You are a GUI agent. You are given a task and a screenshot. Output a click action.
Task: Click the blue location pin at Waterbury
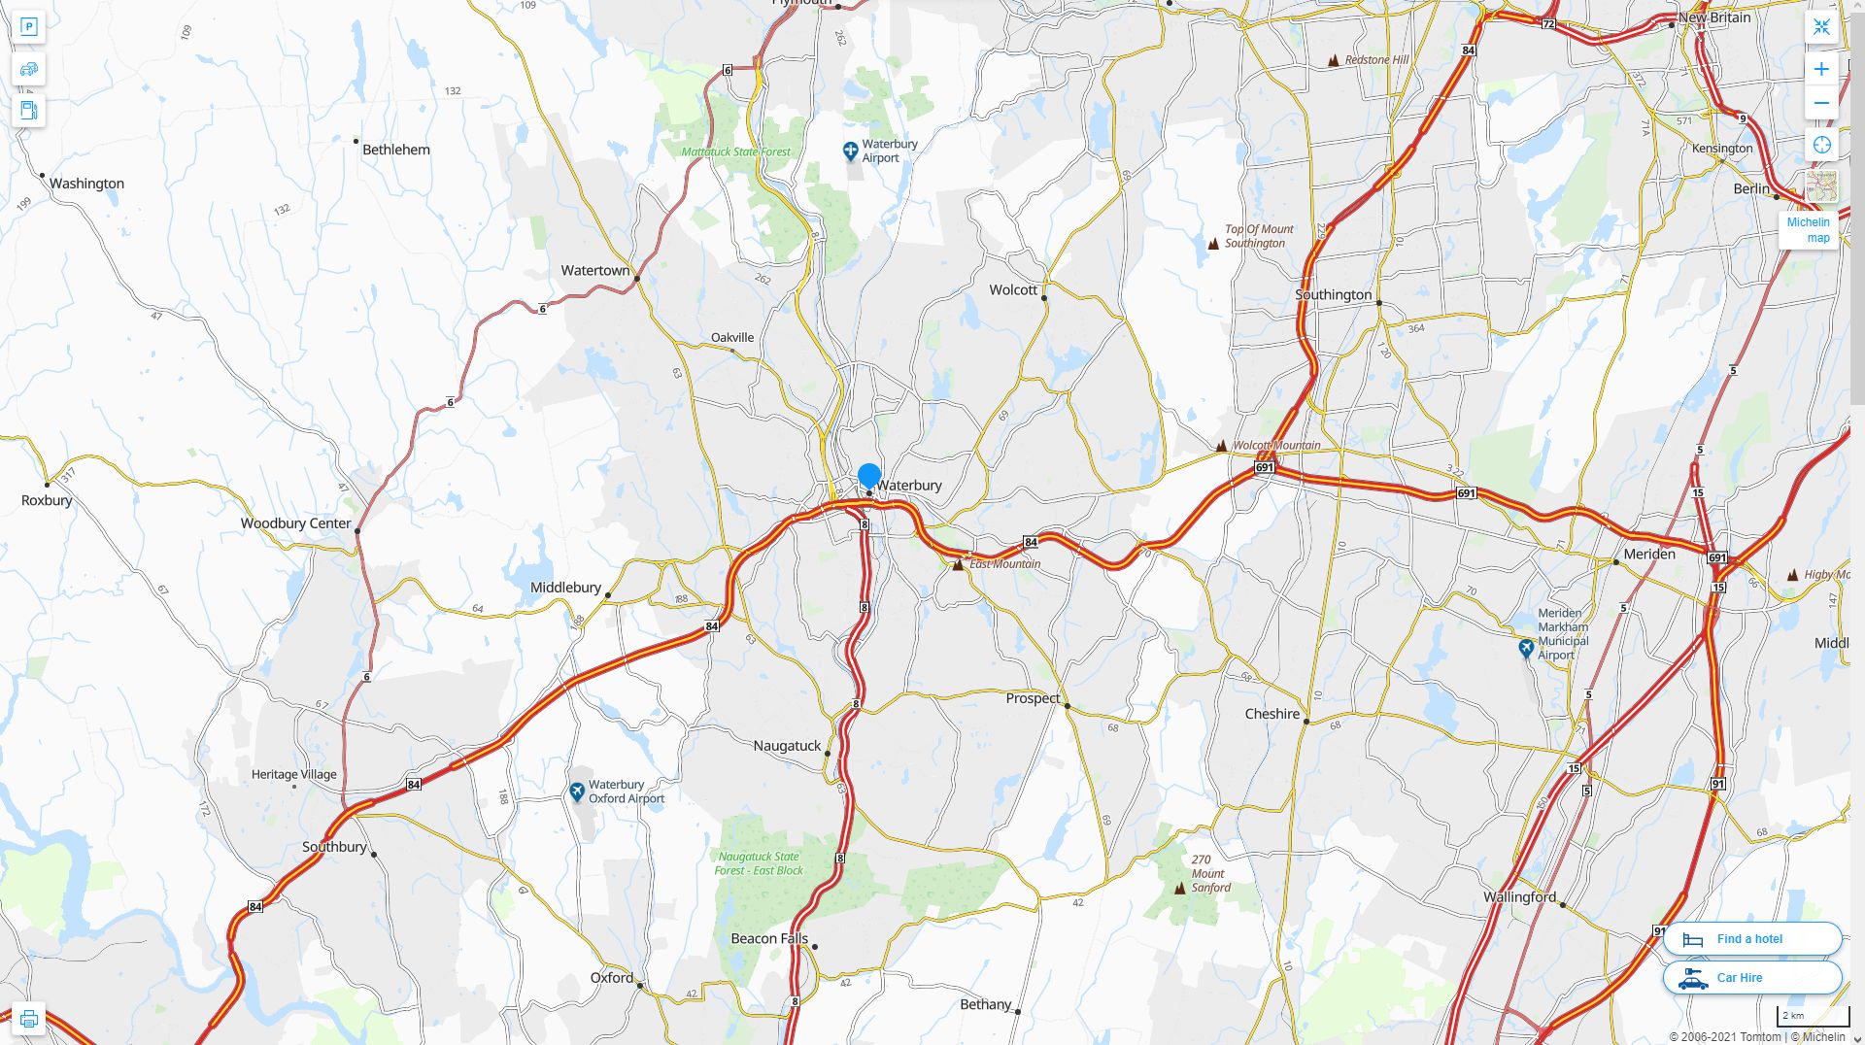tap(868, 476)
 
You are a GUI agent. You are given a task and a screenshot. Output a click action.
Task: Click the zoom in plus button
tap(1821, 69)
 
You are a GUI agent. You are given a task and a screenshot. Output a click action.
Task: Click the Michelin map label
tap(1808, 230)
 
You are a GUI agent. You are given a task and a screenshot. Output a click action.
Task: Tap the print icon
tap(29, 1019)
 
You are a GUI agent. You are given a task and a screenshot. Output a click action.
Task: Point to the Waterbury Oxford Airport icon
tap(577, 792)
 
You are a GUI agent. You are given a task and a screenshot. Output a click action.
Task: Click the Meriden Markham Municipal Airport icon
tap(1526, 648)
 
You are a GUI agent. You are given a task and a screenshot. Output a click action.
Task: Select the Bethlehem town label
tap(395, 150)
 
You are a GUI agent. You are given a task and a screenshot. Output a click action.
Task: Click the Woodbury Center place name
tap(295, 523)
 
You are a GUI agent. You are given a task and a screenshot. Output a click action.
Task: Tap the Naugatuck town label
tap(787, 746)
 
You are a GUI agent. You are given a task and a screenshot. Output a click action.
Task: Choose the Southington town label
tap(1333, 295)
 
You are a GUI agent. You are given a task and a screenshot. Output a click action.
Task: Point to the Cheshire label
tap(1272, 714)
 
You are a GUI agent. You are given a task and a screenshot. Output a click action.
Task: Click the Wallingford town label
tap(1519, 897)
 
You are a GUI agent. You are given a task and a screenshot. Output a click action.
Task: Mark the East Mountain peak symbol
tap(958, 564)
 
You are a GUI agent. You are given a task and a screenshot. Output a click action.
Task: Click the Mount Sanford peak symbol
tap(1180, 888)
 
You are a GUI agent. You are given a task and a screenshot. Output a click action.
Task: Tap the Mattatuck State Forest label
tap(735, 152)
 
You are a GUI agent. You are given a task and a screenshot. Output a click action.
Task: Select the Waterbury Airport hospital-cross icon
tap(850, 152)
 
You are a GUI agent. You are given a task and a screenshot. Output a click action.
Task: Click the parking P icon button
tap(29, 27)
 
